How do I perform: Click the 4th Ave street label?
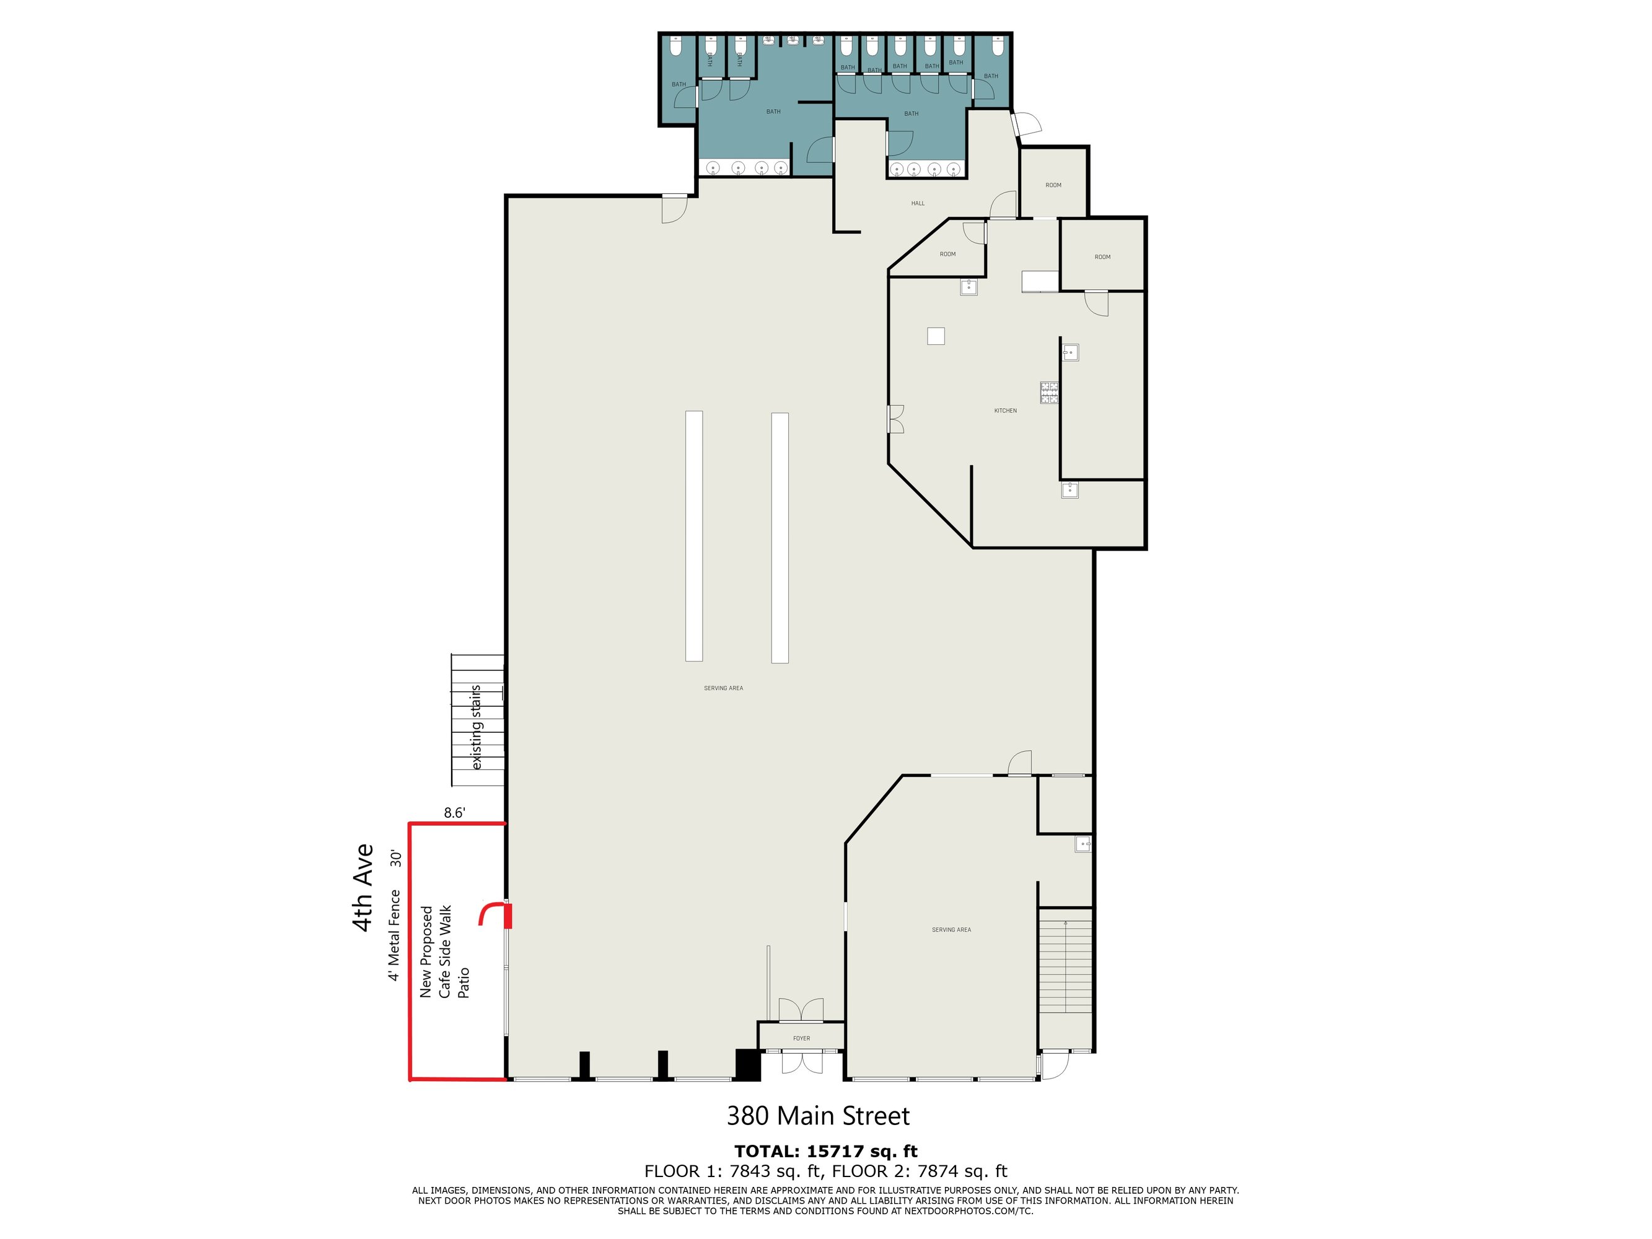(x=363, y=887)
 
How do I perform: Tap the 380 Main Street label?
(x=818, y=1116)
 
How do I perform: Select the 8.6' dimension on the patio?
(x=454, y=813)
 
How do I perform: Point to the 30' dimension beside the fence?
(x=395, y=859)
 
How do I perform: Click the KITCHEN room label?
(x=1005, y=411)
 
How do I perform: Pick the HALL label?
(x=918, y=203)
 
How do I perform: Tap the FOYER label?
(x=801, y=1038)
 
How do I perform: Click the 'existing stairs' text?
(x=476, y=727)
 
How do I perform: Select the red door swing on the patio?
(x=495, y=915)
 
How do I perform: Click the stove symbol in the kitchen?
(x=1049, y=393)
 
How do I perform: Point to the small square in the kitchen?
(x=936, y=336)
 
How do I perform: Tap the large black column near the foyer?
(x=747, y=1065)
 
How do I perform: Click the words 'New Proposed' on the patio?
(x=426, y=952)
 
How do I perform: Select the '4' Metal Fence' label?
(x=393, y=935)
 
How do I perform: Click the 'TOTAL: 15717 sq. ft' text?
(x=826, y=1151)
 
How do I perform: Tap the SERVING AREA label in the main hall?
(x=723, y=688)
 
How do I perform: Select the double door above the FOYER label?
(x=801, y=1009)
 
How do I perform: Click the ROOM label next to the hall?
(x=1053, y=185)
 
